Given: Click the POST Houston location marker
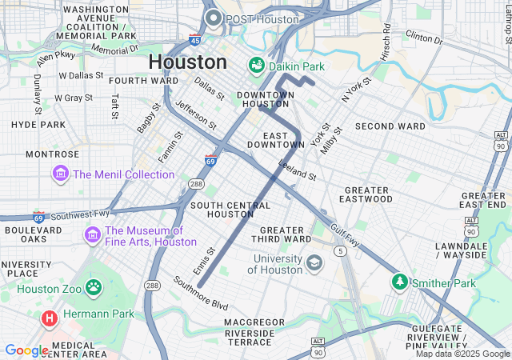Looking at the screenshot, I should coord(213,18).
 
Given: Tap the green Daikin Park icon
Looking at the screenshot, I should coord(257,64).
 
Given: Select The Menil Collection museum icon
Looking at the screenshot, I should coord(60,174).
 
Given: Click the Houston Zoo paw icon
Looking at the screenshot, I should coord(94,286).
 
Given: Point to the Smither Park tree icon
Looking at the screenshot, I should coord(399,282).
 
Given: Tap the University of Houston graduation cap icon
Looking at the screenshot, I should coord(314,262).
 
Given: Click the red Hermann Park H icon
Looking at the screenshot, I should coord(50,318).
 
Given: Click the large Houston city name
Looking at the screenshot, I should coord(187,62).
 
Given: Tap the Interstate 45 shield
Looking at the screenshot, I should coord(195,39).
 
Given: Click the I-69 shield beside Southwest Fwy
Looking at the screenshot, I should coord(38,218).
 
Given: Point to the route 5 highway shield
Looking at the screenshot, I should coord(341,250).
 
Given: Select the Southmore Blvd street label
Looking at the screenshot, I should coord(201,294).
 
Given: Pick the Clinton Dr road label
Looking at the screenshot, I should coord(423,37).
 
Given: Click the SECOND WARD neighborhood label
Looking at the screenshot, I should coord(390,126).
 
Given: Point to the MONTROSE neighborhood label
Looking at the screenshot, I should coord(52,154).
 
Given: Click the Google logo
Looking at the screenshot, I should coord(26,350).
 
